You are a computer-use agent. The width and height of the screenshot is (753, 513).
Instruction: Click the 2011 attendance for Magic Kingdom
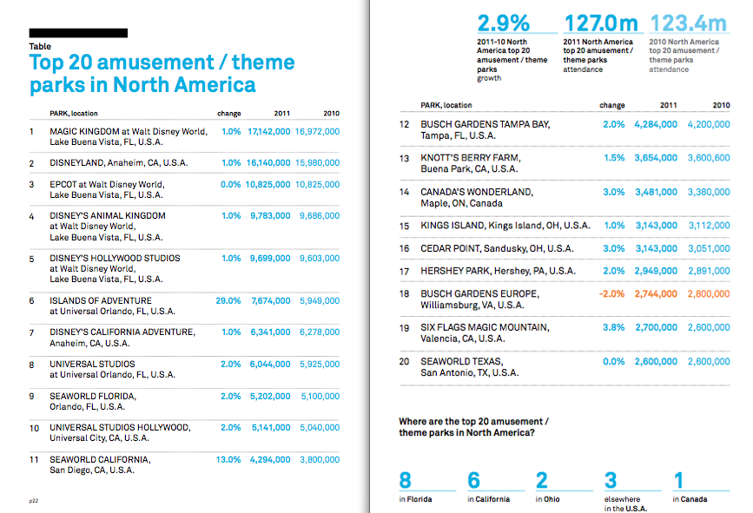[269, 131]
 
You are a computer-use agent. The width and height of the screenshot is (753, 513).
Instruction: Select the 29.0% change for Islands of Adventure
[228, 301]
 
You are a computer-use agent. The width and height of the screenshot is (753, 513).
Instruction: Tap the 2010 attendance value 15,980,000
[317, 163]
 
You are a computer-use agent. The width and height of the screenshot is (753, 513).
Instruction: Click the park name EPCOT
[63, 184]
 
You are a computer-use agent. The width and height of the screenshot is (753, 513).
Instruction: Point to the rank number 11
[34, 460]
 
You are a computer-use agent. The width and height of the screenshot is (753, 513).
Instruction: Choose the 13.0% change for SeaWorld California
[228, 460]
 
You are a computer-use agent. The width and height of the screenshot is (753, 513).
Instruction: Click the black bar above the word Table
[78, 33]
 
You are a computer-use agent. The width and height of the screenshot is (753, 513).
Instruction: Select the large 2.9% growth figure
[503, 23]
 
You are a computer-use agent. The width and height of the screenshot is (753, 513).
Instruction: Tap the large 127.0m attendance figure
[601, 23]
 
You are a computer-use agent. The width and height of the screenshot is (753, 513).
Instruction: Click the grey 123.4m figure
[689, 23]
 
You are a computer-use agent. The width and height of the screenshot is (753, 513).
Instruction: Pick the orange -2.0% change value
[611, 293]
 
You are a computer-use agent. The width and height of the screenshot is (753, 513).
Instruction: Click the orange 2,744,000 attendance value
[656, 293]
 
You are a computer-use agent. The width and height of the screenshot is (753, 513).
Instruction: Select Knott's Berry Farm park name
[471, 158]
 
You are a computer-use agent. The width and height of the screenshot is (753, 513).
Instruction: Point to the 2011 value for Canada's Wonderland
[656, 192]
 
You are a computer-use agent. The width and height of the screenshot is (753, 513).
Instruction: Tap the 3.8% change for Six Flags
[614, 327]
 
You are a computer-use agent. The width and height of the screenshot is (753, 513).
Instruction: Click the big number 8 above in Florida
[406, 480]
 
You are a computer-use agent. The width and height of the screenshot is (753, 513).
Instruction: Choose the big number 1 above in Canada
[678, 480]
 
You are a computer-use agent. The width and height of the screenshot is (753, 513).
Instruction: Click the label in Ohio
[547, 499]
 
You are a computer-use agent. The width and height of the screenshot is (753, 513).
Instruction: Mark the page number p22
[34, 501]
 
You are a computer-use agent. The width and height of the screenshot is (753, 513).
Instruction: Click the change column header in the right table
[612, 105]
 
